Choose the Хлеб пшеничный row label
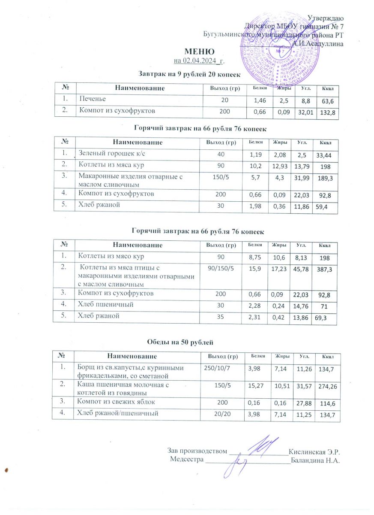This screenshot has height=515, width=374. click(103, 305)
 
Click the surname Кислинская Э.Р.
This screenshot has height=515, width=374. click(314, 451)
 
